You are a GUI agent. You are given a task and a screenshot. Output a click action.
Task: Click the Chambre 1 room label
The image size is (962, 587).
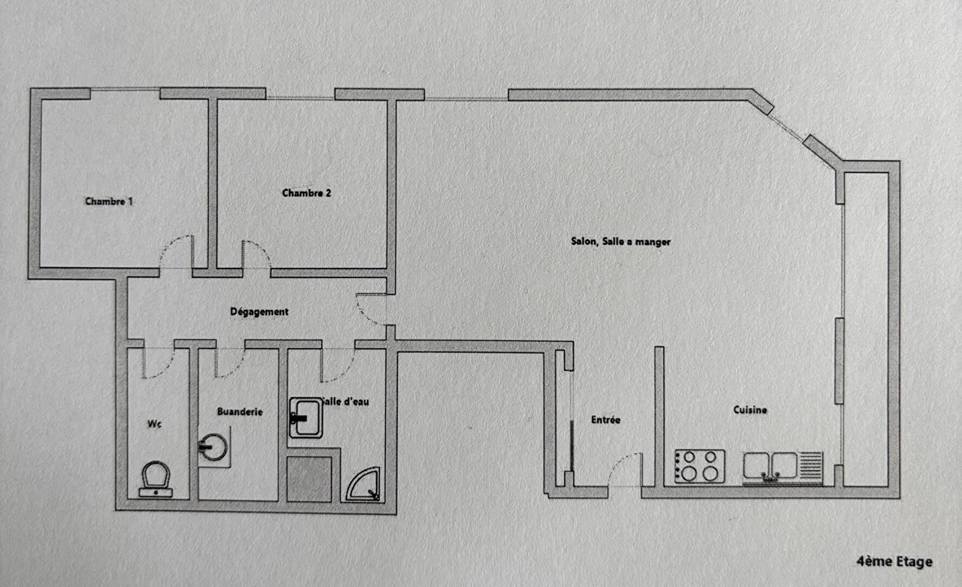pyautogui.click(x=109, y=201)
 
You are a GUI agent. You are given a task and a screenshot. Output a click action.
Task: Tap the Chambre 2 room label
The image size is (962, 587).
pyautogui.click(x=307, y=193)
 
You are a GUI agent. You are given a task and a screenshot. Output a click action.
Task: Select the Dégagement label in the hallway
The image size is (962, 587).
pyautogui.click(x=259, y=312)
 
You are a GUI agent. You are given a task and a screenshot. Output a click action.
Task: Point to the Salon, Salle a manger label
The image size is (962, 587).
pyautogui.click(x=621, y=241)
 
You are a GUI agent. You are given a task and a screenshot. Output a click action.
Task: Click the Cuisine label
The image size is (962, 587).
pyautogui.click(x=750, y=410)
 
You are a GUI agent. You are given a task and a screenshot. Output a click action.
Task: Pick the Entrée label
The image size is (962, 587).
pyautogui.click(x=605, y=420)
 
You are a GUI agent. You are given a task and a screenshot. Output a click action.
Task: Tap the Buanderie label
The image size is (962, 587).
pyautogui.click(x=240, y=411)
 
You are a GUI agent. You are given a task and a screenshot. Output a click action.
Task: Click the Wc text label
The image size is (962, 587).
pyautogui.click(x=154, y=423)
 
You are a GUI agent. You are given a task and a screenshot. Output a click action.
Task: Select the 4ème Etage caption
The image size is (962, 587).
pyautogui.click(x=894, y=561)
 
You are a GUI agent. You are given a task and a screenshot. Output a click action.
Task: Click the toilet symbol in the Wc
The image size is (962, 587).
pyautogui.click(x=156, y=479)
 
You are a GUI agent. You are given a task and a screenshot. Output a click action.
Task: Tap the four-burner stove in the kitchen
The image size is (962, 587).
pyautogui.click(x=699, y=466)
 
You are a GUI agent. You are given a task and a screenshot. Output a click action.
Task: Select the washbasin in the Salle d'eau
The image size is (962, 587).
pyautogui.click(x=306, y=417)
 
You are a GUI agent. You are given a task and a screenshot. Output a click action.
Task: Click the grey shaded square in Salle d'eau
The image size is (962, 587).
pyautogui.click(x=309, y=479)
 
